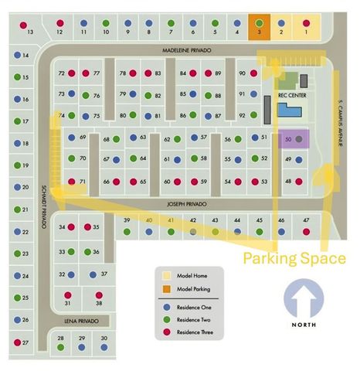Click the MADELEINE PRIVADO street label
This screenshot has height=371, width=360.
point(185,49)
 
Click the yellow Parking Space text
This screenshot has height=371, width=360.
point(294,258)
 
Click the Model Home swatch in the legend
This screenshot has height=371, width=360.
point(167,276)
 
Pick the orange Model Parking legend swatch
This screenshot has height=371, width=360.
point(167,290)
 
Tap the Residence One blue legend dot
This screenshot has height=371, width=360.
point(167,308)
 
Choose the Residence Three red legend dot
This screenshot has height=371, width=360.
point(167,332)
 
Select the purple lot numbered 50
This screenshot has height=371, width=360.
point(292,139)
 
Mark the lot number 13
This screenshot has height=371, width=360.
point(31,33)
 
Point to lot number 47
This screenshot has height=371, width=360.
point(306,220)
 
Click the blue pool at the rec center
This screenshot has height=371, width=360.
point(290,113)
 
